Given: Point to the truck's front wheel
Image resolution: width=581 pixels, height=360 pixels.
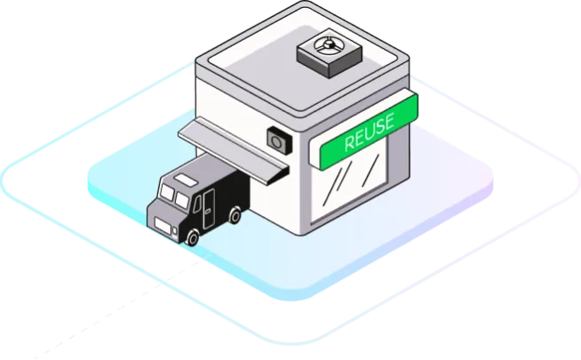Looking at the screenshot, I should click(193, 236).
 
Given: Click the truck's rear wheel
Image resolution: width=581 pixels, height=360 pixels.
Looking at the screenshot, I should click(235, 214).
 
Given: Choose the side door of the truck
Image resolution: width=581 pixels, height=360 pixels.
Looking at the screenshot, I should click(209, 204).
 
